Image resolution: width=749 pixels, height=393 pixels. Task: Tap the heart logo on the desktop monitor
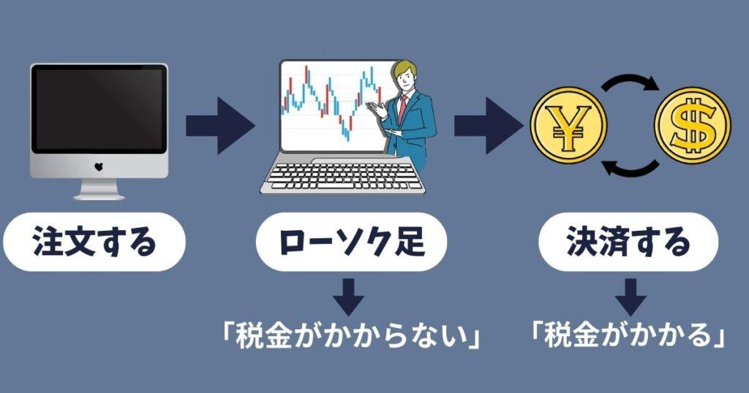[99, 167]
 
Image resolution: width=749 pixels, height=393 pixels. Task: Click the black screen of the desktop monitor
[99, 110]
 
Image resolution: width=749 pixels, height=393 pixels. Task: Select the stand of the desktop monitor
[99, 190]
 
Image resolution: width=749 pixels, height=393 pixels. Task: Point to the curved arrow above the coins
[631, 82]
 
